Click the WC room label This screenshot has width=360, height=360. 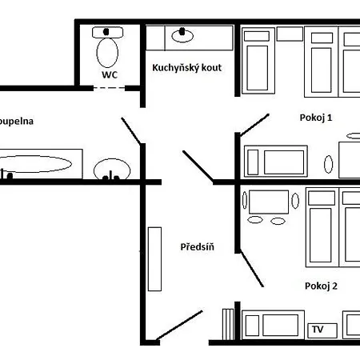click(109, 74)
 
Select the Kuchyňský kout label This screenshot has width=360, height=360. click(186, 68)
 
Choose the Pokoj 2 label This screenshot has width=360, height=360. click(321, 286)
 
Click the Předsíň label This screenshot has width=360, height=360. click(197, 247)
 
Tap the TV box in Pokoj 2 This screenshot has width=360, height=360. click(318, 330)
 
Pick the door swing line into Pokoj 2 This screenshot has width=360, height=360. click(252, 265)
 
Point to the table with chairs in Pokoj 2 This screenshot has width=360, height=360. click(268, 206)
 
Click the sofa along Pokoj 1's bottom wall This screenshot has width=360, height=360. click(276, 160)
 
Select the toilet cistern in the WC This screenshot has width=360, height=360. click(107, 32)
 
